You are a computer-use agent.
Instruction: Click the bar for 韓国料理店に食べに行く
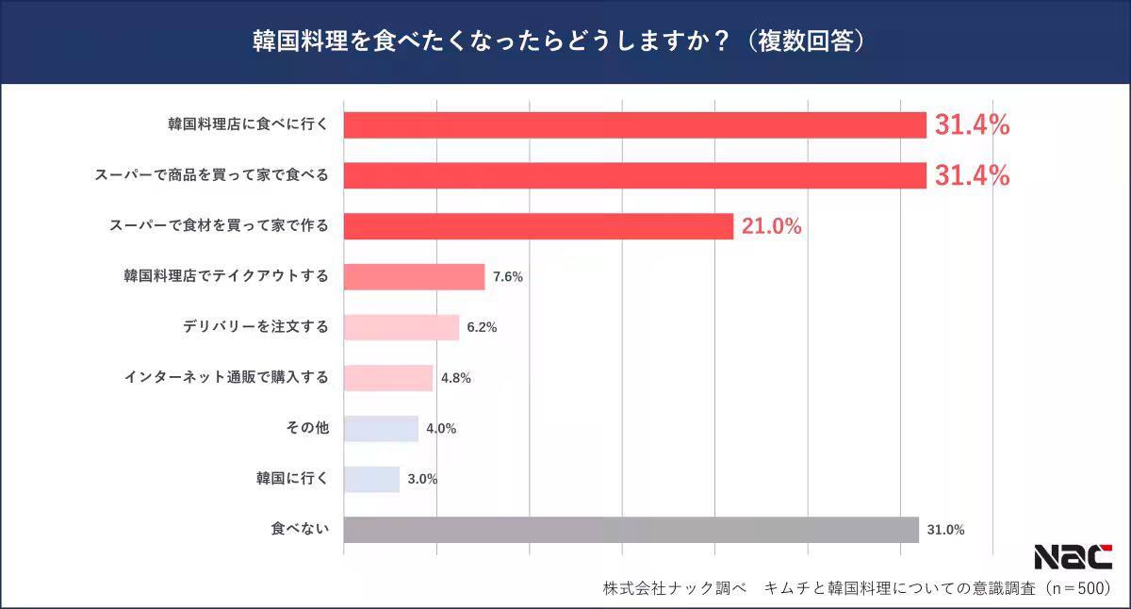click(x=634, y=124)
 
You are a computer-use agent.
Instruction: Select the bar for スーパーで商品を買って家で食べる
click(x=634, y=175)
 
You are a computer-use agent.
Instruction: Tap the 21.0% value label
click(x=771, y=226)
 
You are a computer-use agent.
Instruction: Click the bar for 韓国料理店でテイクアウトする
click(x=414, y=277)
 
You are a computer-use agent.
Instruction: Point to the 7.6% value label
click(x=507, y=277)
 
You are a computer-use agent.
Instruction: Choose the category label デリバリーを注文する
click(x=255, y=327)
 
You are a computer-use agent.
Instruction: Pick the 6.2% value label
click(x=482, y=328)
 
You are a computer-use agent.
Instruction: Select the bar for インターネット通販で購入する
click(x=387, y=378)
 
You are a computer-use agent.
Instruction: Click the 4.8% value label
click(x=455, y=378)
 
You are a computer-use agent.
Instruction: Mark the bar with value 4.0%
click(x=381, y=429)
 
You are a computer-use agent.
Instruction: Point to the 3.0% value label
click(x=422, y=479)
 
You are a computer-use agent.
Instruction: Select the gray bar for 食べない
click(x=631, y=530)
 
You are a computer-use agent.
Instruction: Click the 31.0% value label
click(x=945, y=530)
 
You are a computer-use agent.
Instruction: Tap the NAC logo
click(x=1073, y=557)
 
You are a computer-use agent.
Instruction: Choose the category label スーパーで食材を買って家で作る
click(x=219, y=226)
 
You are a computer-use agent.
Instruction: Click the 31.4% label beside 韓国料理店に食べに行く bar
click(x=972, y=124)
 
